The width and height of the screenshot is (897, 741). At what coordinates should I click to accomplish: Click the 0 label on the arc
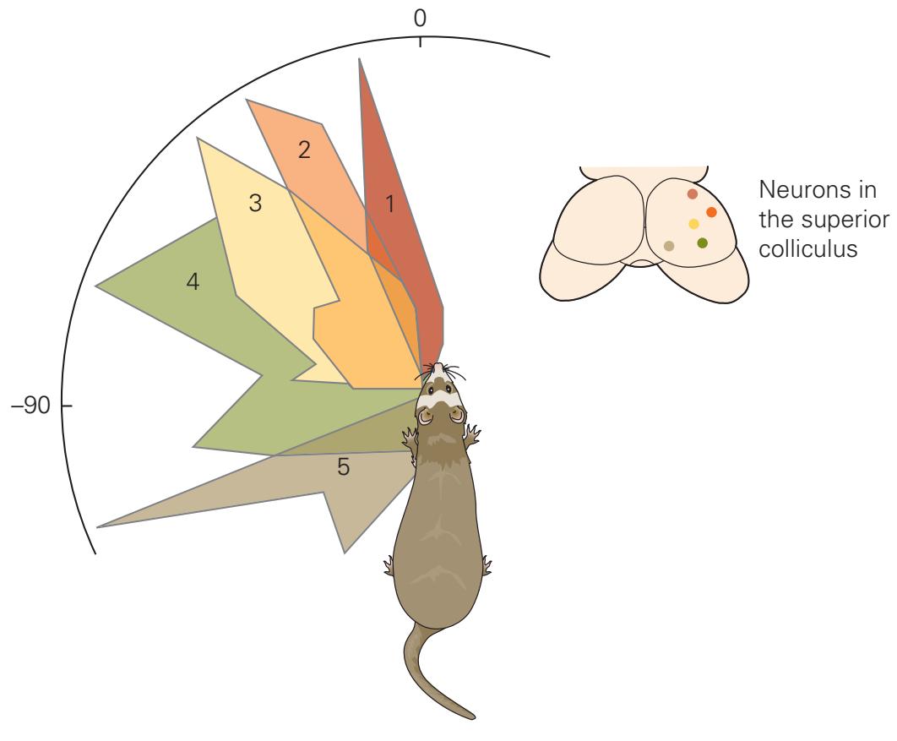420,19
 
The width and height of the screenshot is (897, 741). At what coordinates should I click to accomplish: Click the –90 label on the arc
31,406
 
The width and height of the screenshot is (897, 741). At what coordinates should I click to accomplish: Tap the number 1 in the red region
390,204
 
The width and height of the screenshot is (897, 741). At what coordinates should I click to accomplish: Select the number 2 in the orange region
304,150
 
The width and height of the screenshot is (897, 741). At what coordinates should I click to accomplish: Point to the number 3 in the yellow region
255,203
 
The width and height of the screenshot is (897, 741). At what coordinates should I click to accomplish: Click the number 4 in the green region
193,281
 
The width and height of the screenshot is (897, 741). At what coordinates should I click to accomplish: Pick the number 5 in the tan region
343,467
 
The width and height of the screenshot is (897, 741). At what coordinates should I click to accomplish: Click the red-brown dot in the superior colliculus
693,194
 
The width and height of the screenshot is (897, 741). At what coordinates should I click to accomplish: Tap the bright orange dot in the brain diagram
711,212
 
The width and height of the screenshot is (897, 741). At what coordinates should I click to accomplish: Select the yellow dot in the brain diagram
693,224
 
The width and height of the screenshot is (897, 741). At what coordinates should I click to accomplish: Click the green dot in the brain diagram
703,243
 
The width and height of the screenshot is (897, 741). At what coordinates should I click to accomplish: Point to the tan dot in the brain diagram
669,246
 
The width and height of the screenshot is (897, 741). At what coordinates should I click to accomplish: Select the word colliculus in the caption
807,249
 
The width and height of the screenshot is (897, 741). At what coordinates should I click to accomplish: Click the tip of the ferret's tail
472,716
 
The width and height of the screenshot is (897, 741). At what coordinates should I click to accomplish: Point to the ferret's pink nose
437,364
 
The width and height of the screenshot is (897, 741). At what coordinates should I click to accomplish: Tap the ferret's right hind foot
487,565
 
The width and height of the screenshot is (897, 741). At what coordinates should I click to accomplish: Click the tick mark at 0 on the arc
421,41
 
